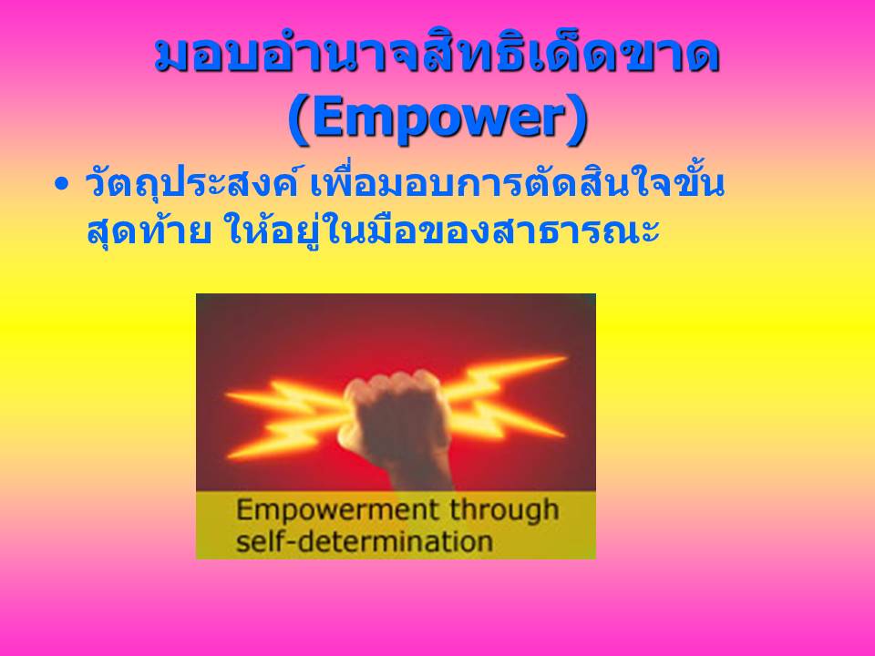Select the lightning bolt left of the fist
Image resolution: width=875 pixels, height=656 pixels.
287,415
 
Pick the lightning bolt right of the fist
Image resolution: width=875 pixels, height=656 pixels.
505,399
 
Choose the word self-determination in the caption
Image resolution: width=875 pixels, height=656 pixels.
365,541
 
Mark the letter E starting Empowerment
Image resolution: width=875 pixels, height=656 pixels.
243,510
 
